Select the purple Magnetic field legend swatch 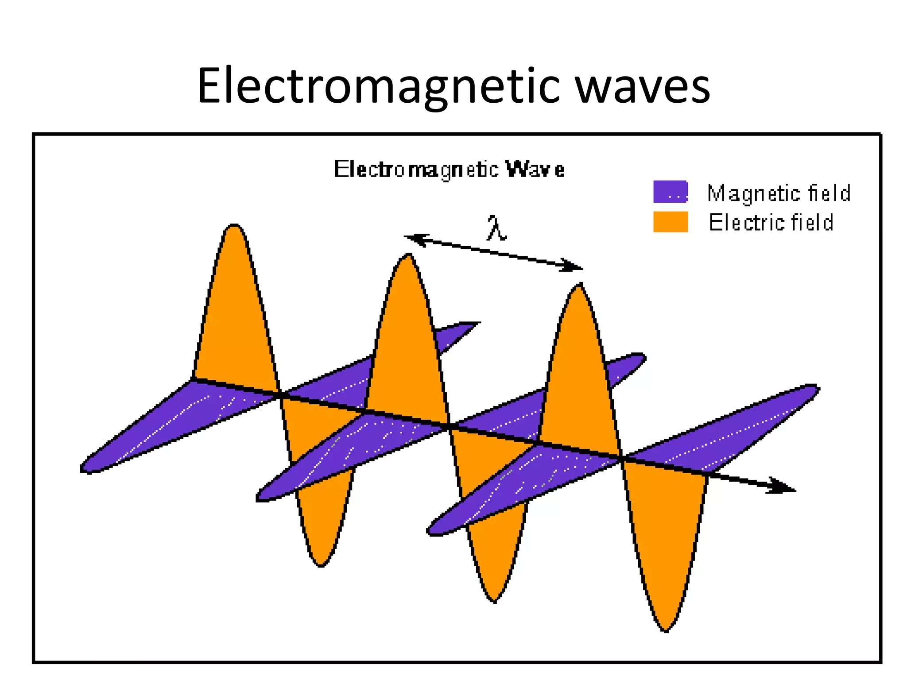click(x=670, y=192)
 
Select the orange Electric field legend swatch click(x=670, y=221)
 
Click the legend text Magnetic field click(x=779, y=193)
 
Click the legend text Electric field click(x=771, y=222)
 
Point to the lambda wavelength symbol click(x=496, y=228)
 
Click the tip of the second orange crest click(x=408, y=255)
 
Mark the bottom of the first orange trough click(x=321, y=565)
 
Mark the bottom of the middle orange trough click(x=494, y=601)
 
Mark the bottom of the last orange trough click(x=666, y=630)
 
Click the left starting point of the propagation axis click(x=193, y=379)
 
